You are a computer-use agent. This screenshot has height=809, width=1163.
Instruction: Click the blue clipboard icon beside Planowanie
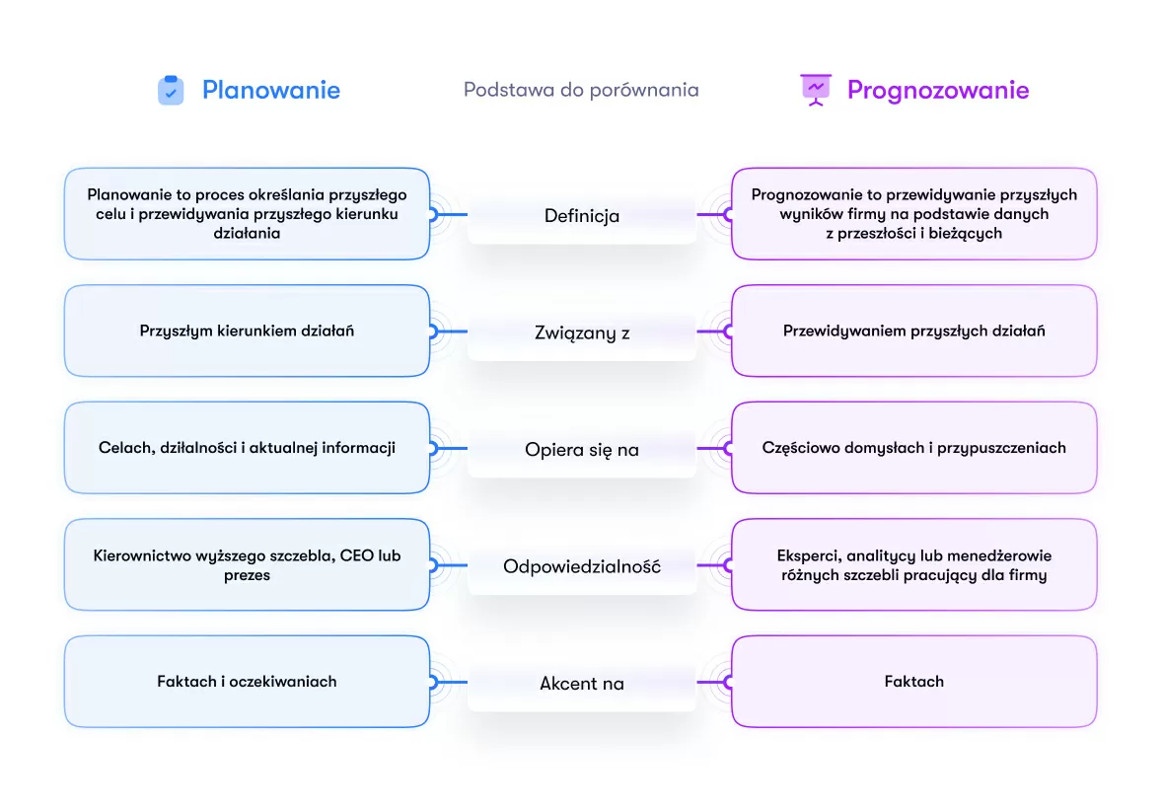coord(171,90)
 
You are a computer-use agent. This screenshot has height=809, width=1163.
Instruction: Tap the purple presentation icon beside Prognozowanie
coord(815,90)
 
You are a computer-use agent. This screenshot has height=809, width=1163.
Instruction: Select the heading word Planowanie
coord(271,90)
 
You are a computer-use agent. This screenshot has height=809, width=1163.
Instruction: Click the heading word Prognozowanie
coord(938,90)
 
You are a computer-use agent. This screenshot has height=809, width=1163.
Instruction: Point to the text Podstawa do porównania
coord(581,90)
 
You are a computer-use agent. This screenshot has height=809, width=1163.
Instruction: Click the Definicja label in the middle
coord(582,215)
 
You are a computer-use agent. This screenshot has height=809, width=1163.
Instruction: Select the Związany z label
coord(582,332)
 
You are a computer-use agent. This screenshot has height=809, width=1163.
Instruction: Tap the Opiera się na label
coord(582,450)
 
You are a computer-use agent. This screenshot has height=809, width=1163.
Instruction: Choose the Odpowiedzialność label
coord(582,566)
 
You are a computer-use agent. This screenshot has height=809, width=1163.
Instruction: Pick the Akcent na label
coord(582,683)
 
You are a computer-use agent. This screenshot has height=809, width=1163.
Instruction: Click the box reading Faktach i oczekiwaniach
coord(247,682)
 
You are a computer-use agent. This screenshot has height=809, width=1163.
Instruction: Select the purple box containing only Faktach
coord(913,682)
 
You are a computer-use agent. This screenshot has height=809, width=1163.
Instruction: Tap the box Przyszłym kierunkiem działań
coord(247,331)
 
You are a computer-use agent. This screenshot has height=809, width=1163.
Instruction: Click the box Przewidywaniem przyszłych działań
coord(913,331)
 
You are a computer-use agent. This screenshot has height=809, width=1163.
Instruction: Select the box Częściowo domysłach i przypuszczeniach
coord(913,448)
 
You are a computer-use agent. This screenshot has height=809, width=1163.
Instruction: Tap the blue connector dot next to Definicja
coord(432,214)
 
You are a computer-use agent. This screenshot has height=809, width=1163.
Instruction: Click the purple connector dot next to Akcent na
coord(729,682)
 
